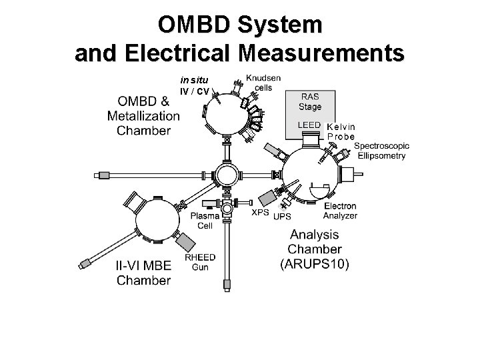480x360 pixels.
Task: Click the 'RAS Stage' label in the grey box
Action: pos(310,101)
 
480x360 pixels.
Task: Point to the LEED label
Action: pos(309,125)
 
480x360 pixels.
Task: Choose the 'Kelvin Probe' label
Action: pos(341,131)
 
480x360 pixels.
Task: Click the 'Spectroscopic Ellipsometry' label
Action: pos(380,151)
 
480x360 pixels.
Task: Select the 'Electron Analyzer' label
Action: pos(340,211)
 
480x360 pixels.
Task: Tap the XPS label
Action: pos(260,213)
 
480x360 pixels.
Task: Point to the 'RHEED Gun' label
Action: pos(199,262)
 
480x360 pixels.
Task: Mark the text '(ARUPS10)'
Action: pos(314,263)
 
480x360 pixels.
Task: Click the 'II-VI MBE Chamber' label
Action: pos(143,273)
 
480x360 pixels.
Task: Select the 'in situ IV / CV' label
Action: pos(193,86)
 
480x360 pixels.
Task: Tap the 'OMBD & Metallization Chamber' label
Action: pos(143,115)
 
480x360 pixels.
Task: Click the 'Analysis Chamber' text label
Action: pos(314,241)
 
